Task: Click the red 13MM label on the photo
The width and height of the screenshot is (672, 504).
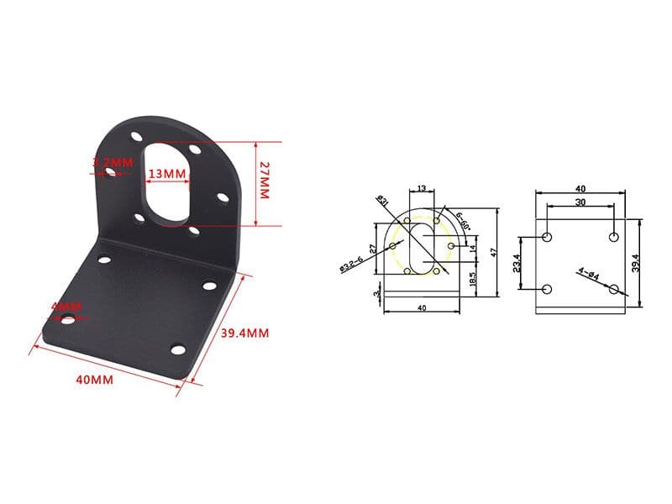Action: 165,174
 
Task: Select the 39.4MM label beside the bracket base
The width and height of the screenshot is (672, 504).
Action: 244,333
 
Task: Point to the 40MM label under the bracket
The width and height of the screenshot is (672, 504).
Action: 94,380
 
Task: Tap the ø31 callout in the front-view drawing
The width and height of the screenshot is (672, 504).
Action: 382,201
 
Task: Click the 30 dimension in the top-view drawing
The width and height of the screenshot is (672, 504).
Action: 580,202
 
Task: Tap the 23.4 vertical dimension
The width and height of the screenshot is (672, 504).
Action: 517,263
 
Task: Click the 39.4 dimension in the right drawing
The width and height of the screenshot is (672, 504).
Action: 636,262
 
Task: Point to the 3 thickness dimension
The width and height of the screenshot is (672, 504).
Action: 375,294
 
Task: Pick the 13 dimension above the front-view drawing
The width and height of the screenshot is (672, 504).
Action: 421,188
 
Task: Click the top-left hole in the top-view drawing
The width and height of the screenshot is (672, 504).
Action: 547,237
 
